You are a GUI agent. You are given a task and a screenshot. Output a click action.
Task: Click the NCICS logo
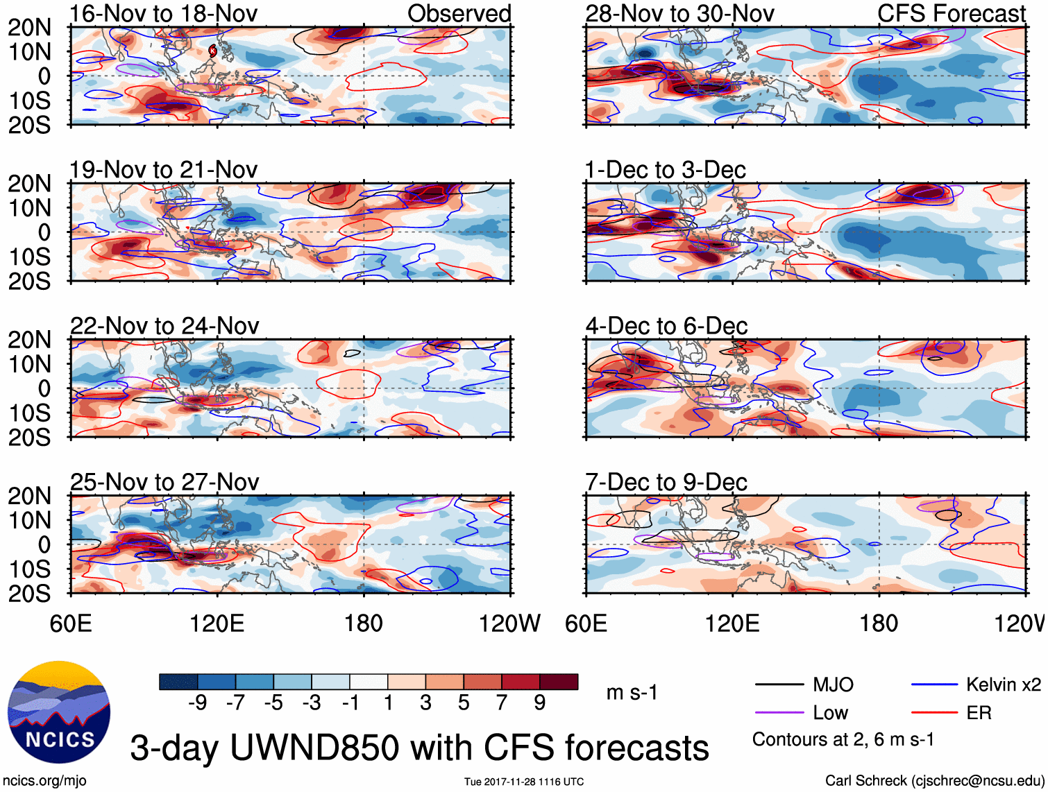(x=58, y=712)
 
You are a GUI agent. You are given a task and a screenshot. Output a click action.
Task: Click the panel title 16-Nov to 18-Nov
(x=164, y=13)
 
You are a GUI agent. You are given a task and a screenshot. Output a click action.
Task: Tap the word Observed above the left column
(x=459, y=13)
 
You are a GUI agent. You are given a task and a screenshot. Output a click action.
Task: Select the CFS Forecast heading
(x=952, y=13)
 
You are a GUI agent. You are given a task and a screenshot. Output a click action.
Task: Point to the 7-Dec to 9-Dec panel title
(x=666, y=482)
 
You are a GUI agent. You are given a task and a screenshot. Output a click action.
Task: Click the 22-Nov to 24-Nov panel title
(x=164, y=326)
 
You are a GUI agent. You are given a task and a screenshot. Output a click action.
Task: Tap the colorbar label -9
(x=197, y=703)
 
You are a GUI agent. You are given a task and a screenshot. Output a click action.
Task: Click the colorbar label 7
(x=502, y=703)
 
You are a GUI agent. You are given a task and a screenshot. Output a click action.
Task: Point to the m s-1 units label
(x=632, y=693)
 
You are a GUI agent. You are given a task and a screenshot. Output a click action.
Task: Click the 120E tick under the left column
(x=217, y=623)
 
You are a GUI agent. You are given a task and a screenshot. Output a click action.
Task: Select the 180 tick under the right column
(x=879, y=623)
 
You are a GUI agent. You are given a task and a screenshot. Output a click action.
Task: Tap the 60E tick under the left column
(x=71, y=623)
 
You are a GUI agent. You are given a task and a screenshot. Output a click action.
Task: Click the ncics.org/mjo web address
(x=44, y=781)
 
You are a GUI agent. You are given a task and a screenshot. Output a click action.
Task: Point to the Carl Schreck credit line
(x=934, y=781)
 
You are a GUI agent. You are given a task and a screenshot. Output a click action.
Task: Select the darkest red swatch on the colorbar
(x=559, y=682)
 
